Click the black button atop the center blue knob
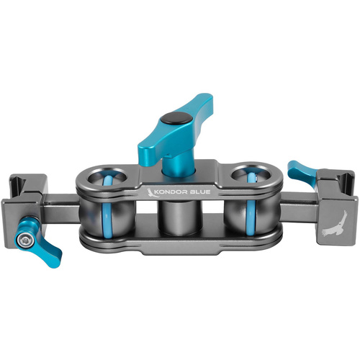[173, 118]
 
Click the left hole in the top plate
[108, 176]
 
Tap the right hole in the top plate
[248, 176]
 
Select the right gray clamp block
[330, 205]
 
